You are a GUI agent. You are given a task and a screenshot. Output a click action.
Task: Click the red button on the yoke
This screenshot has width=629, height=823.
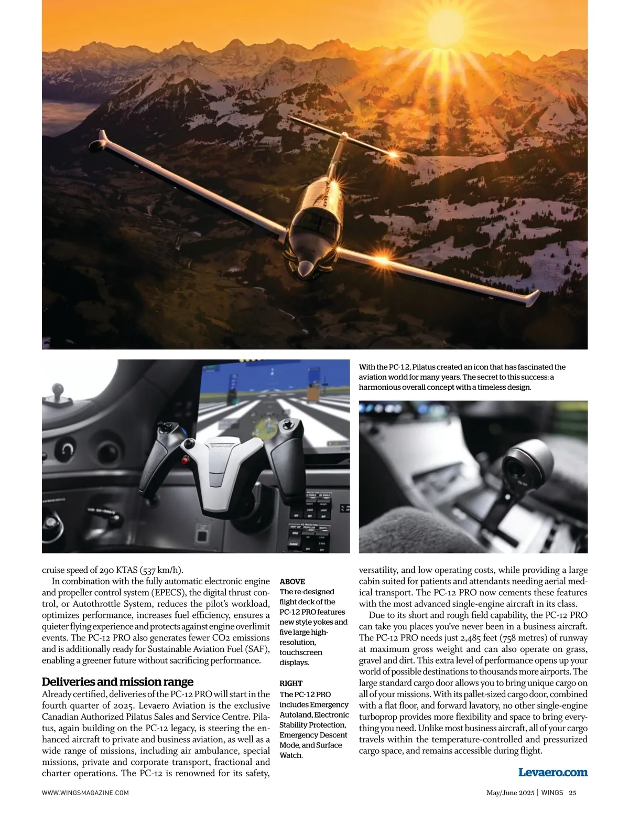tap(185, 461)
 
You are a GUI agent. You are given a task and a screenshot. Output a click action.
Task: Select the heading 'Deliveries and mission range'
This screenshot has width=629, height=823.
tap(117, 682)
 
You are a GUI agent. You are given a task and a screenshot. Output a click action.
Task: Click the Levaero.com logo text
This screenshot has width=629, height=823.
tap(552, 772)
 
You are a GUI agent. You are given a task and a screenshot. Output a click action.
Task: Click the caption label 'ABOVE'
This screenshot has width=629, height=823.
tap(292, 581)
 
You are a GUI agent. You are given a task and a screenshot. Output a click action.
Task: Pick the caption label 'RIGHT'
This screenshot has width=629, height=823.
tap(291, 683)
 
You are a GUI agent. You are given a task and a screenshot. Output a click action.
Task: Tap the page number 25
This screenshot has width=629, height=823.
tap(572, 793)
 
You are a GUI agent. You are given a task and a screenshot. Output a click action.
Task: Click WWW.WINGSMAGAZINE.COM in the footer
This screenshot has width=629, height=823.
tap(85, 793)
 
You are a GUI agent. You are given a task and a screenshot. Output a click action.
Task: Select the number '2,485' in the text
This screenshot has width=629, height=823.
tap(461, 638)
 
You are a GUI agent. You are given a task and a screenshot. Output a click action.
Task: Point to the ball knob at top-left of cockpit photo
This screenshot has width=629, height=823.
tap(56, 390)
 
